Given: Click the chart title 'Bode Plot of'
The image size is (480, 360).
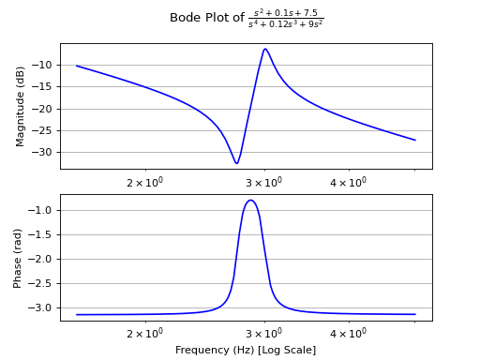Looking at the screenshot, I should point(206,18).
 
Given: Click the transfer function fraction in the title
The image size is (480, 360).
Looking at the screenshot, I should point(286,18).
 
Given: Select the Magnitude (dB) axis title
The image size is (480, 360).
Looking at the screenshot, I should point(21,106).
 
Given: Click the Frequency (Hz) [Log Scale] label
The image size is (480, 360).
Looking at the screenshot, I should point(246,350).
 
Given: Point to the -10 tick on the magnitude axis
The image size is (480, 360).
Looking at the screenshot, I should point(44,65).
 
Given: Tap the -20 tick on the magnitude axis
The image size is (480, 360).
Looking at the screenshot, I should point(44,109).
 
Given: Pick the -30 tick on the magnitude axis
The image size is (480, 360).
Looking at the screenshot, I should point(44,152).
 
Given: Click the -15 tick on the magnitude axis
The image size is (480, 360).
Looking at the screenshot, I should point(44,87).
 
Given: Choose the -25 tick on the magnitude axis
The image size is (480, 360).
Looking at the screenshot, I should point(44,130).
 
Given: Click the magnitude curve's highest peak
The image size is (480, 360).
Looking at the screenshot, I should point(265,49).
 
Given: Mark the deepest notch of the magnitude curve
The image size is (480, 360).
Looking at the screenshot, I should point(236,163).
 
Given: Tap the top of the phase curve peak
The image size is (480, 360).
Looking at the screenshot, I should point(250,200).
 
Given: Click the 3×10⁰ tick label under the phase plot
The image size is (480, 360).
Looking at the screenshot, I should point(263,334).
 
